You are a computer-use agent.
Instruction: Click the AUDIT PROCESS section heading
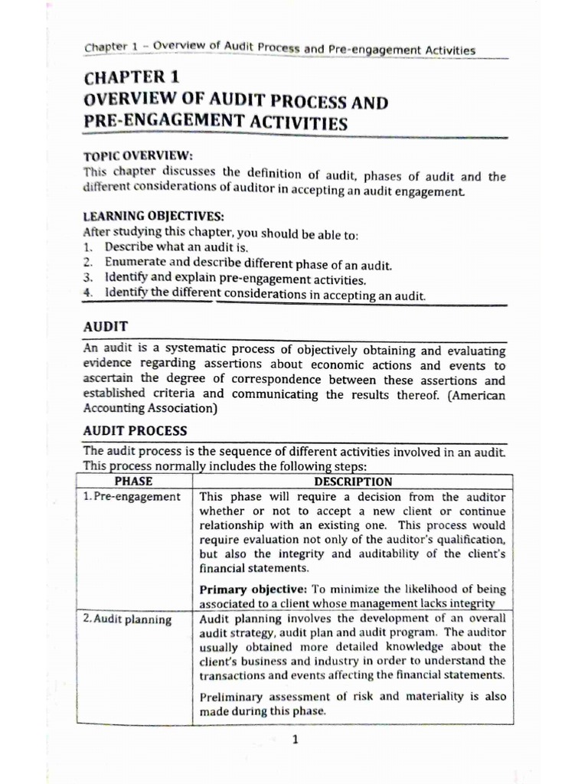(135, 430)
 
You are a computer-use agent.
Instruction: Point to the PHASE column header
(132, 482)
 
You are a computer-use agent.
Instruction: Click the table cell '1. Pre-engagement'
(132, 497)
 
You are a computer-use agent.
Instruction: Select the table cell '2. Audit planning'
(127, 619)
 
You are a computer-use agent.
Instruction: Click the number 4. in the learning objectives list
(88, 293)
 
